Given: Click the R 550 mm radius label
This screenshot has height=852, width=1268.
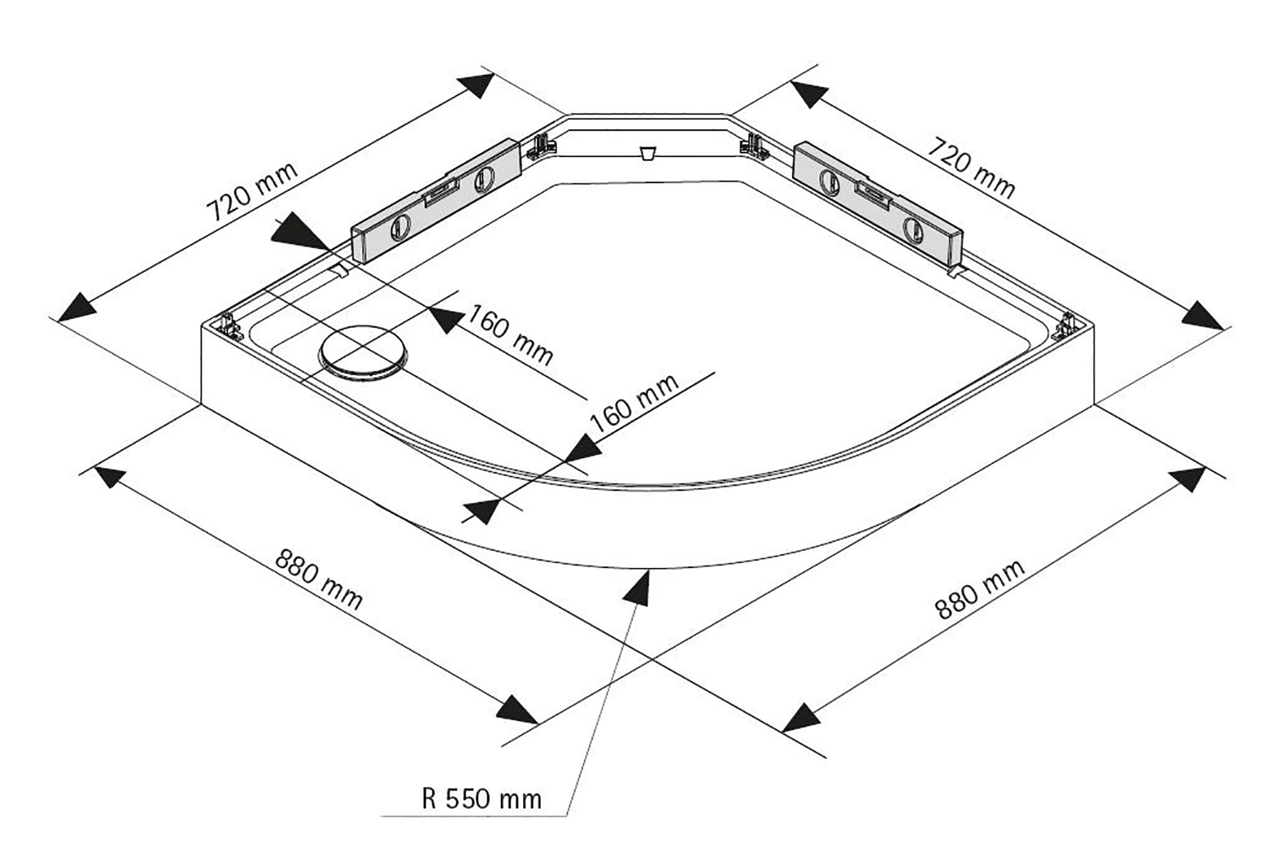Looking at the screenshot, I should click(x=481, y=799).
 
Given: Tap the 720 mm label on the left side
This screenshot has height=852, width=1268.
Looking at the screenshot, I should click(x=252, y=191).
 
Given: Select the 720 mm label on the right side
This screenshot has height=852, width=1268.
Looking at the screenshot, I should click(x=971, y=167).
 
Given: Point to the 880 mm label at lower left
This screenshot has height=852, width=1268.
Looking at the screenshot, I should click(x=319, y=580).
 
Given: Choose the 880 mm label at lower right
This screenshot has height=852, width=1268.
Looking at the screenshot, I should click(x=980, y=590).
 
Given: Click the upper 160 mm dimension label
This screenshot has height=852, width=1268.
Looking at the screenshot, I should click(x=510, y=335).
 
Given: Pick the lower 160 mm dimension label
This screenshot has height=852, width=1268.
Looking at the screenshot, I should click(x=634, y=404).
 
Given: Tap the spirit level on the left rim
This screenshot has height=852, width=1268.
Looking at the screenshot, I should click(x=436, y=206).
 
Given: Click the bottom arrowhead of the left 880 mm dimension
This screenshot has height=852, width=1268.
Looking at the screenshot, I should click(x=517, y=709).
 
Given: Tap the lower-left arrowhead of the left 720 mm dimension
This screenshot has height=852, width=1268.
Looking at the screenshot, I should click(x=77, y=307).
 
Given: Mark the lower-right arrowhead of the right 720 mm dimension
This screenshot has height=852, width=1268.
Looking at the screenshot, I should click(x=1202, y=315).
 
